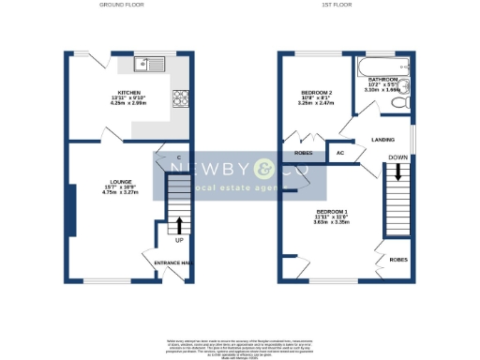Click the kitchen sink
tap(149, 64)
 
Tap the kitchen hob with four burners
tap(178, 97)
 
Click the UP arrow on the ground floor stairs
tap(179, 226)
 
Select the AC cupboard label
tap(340, 153)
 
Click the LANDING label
tap(382, 140)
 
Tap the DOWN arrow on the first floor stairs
tap(398, 172)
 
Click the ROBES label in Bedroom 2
tap(302, 150)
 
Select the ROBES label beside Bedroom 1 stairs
tap(397, 259)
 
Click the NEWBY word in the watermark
tap(203, 170)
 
